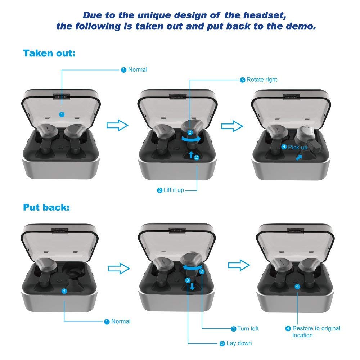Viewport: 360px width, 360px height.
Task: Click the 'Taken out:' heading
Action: [49, 53]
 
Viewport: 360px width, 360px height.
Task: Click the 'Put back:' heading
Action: [46, 208]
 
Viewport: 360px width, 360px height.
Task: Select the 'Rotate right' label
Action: [262, 80]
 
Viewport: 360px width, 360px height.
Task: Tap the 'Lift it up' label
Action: [174, 190]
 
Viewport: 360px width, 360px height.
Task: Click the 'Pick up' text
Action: [298, 148]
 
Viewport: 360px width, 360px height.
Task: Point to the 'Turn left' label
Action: [248, 329]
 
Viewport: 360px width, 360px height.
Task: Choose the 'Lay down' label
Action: [239, 343]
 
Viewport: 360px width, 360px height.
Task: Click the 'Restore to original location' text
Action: [316, 332]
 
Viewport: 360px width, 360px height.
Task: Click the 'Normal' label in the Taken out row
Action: [138, 70]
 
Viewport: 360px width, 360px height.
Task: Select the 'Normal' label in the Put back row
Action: [121, 321]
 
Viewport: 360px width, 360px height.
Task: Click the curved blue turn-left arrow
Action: [192, 267]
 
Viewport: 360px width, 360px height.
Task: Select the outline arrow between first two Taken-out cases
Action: [117, 125]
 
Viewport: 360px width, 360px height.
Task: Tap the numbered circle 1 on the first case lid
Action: [62, 114]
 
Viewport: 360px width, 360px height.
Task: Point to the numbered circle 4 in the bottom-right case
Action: [297, 287]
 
